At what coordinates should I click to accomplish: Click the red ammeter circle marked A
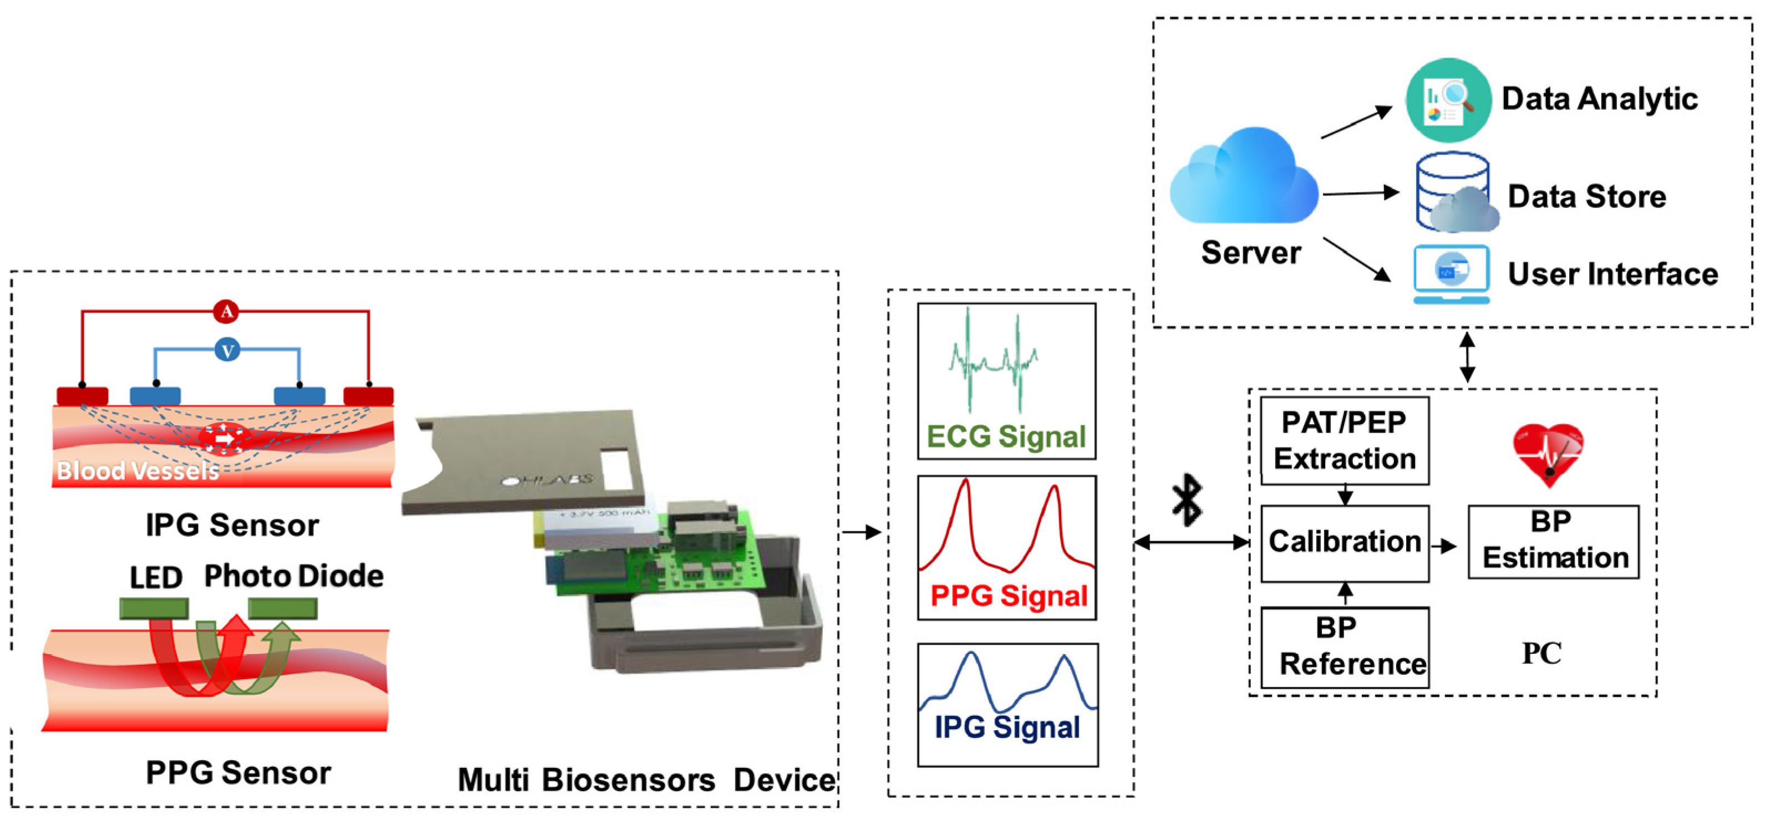226,312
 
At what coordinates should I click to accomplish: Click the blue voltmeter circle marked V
227,350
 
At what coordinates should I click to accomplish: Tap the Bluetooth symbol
1187,501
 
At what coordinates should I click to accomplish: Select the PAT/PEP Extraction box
1345,441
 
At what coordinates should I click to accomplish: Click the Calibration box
1345,543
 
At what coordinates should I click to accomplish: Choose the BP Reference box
1345,647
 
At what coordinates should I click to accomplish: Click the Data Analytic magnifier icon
1447,100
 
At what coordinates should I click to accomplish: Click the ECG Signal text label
1006,437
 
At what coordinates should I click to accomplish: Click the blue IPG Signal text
1007,727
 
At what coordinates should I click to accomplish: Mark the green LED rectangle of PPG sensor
154,608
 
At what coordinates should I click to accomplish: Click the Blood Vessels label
137,470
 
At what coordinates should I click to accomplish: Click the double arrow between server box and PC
1467,357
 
